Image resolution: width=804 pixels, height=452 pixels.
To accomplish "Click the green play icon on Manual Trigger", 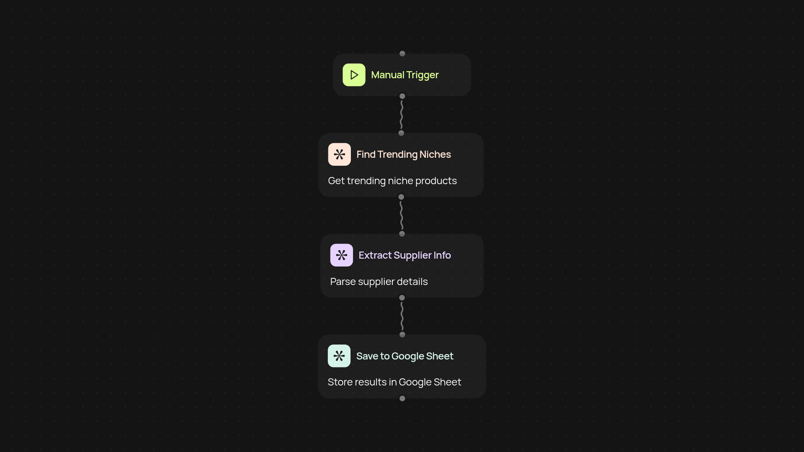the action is pyautogui.click(x=354, y=75).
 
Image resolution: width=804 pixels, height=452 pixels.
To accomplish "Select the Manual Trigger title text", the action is pyautogui.click(x=405, y=75).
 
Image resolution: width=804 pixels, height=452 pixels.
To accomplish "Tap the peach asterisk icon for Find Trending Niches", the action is pyautogui.click(x=339, y=154).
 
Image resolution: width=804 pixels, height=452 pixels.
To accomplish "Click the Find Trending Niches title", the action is pyautogui.click(x=403, y=155).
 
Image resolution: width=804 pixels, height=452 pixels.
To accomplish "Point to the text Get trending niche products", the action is pyautogui.click(x=392, y=181).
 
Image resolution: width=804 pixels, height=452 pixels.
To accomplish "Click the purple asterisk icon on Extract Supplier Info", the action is pyautogui.click(x=341, y=255).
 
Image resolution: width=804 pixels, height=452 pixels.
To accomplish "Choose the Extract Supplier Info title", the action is pyautogui.click(x=405, y=255).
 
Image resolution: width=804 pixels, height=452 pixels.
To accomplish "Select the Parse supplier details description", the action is pyautogui.click(x=379, y=282).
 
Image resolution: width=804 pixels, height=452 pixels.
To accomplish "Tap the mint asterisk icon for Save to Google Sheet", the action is pyautogui.click(x=339, y=356).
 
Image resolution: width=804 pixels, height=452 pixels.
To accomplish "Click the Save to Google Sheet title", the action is pyautogui.click(x=405, y=356).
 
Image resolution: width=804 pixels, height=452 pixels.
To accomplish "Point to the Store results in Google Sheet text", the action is pyautogui.click(x=394, y=382).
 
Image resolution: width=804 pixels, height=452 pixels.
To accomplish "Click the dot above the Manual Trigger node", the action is pyautogui.click(x=402, y=54).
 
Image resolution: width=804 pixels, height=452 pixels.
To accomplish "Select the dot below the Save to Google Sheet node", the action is pyautogui.click(x=402, y=398).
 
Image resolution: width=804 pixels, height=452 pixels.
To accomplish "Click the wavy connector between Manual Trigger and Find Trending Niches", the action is pyautogui.click(x=402, y=115).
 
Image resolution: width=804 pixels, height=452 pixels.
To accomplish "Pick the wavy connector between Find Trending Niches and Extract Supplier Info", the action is pyautogui.click(x=402, y=216).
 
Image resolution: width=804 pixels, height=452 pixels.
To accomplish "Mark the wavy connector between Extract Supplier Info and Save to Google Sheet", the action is pyautogui.click(x=402, y=316).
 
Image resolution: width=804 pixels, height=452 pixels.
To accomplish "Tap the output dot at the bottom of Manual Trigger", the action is pyautogui.click(x=402, y=96).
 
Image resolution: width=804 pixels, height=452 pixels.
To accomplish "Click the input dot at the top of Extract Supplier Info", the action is pyautogui.click(x=402, y=234).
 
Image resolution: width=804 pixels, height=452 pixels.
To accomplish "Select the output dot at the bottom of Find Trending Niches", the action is pyautogui.click(x=401, y=197).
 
